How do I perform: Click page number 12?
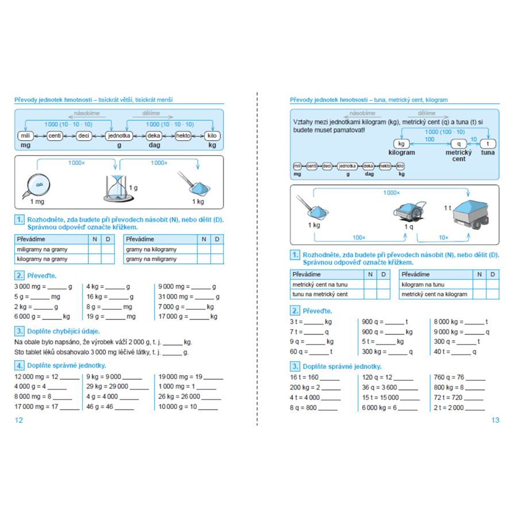tap(18, 420)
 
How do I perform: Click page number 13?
tap(495, 420)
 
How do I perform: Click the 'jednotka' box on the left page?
tap(119, 136)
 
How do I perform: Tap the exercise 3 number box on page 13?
tap(295, 366)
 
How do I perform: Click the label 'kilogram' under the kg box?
tap(402, 153)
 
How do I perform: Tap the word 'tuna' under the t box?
tap(488, 153)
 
